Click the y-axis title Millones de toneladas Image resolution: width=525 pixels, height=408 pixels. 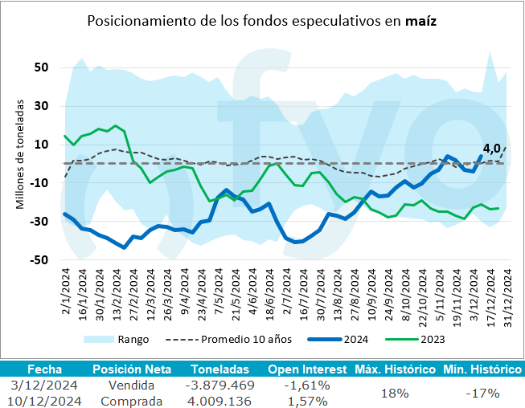tap(19, 154)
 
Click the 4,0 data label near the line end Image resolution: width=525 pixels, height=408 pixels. tap(491, 148)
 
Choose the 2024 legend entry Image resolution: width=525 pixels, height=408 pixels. tap(355, 340)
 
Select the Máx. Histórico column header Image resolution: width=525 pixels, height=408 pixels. tap(395, 369)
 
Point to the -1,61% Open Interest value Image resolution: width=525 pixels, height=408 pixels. tap(308, 386)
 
